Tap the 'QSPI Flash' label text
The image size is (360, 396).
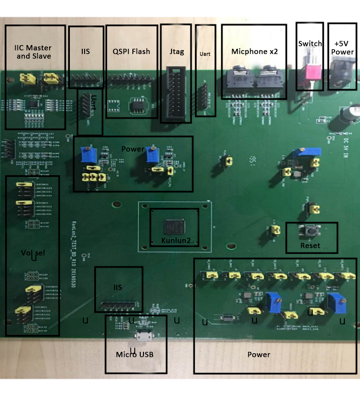(131, 52)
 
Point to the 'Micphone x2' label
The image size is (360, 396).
(254, 52)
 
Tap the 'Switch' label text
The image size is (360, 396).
(310, 44)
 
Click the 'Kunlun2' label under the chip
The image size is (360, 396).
(176, 241)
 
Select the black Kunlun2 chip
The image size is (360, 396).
(174, 227)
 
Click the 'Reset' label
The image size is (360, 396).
(310, 245)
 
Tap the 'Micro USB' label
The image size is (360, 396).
(134, 355)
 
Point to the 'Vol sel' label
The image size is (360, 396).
(32, 253)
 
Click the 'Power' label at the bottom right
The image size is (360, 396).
(258, 355)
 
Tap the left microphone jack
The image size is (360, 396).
(239, 80)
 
